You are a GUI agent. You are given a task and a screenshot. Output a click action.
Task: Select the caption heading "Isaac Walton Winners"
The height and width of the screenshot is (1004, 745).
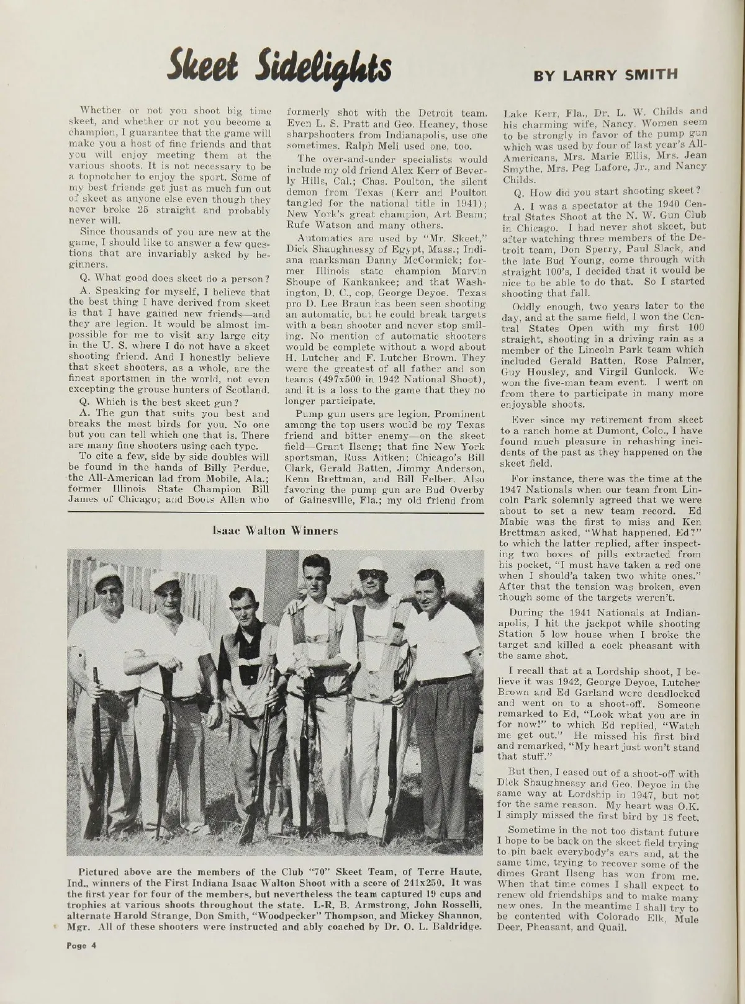tap(275, 531)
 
